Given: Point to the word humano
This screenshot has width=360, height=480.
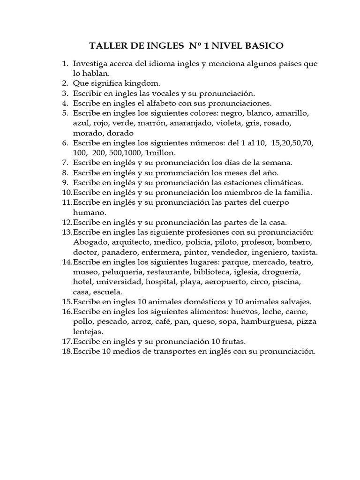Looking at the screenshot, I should pos(88,212).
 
